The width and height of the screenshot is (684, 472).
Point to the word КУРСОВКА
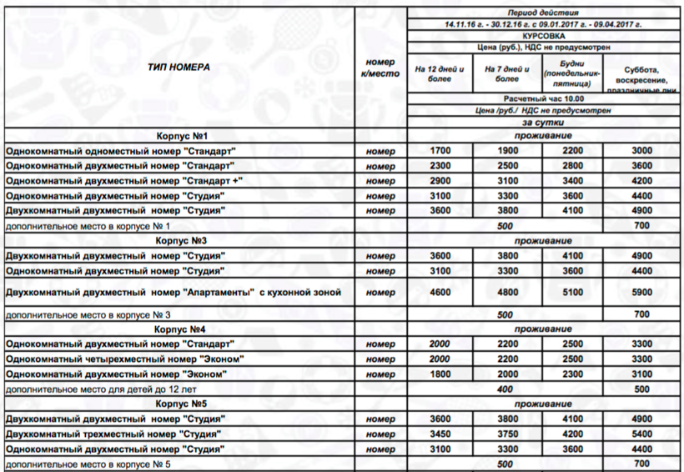(542, 38)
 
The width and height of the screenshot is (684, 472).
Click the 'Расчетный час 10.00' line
(542, 98)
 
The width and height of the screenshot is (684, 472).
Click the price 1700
(439, 150)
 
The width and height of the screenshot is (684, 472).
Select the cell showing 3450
(439, 434)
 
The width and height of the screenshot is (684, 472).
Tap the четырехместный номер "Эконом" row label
(124, 359)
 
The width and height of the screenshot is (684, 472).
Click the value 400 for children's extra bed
(505, 389)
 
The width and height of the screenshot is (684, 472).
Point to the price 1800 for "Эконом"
(439, 374)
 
